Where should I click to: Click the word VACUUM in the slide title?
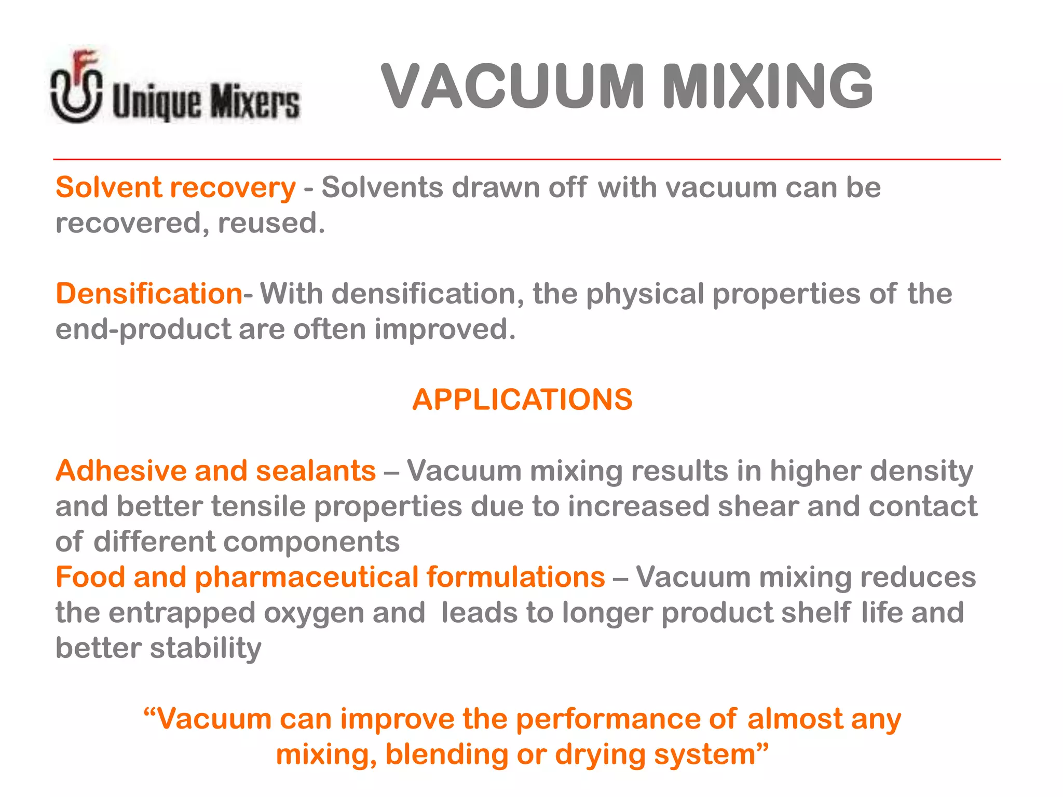[x=512, y=86]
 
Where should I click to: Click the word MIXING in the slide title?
[x=768, y=86]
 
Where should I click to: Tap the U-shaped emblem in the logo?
[x=76, y=93]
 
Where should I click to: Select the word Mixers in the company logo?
[x=254, y=101]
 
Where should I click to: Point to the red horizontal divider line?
[x=526, y=159]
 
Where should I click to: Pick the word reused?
[x=271, y=223]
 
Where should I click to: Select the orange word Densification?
[x=149, y=294]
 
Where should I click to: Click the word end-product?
[x=143, y=330]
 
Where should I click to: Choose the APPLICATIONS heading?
[x=522, y=400]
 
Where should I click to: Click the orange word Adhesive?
[x=121, y=471]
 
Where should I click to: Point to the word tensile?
[x=258, y=506]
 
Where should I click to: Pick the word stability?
[x=206, y=649]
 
